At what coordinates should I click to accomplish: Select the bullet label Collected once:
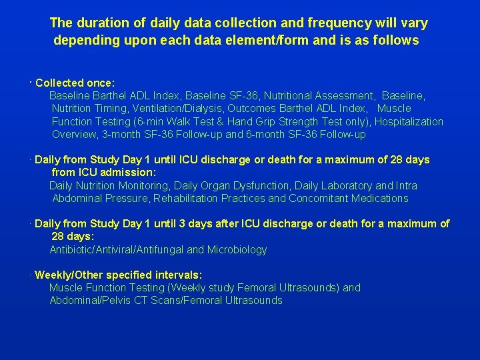click(75, 83)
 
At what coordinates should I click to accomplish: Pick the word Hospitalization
click(409, 121)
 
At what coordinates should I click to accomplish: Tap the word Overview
click(74, 135)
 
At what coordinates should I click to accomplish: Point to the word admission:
click(129, 173)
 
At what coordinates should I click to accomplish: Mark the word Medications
click(380, 199)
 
